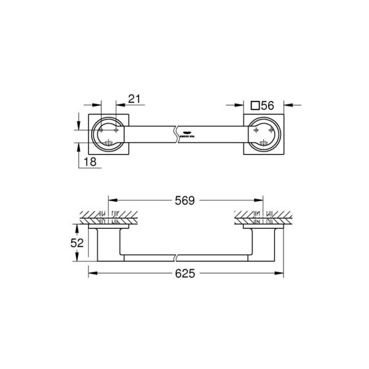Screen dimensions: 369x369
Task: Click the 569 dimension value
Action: (x=183, y=200)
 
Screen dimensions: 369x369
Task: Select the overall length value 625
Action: (x=184, y=272)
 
